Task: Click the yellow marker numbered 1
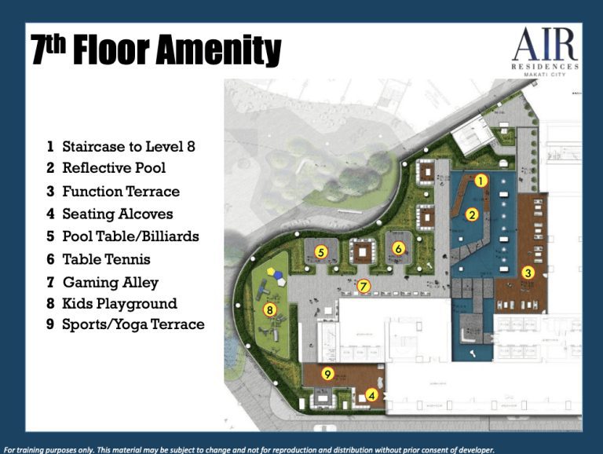pos(481,181)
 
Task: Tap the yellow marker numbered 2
pos(472,214)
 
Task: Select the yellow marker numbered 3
pos(528,273)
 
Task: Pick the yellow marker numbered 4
pos(371,395)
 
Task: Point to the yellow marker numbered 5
pos(320,252)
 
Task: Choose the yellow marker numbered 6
pos(398,249)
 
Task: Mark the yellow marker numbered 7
pos(363,286)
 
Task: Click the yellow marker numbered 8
pos(270,310)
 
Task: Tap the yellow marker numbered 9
pos(327,374)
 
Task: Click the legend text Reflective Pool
pos(114,168)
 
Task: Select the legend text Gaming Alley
pos(111,283)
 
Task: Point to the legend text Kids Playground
pos(119,303)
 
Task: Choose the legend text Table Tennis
pos(107,259)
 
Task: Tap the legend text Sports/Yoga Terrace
pos(133,324)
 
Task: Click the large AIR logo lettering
pos(546,44)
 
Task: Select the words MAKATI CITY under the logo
pos(545,75)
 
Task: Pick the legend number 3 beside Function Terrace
pos(50,191)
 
